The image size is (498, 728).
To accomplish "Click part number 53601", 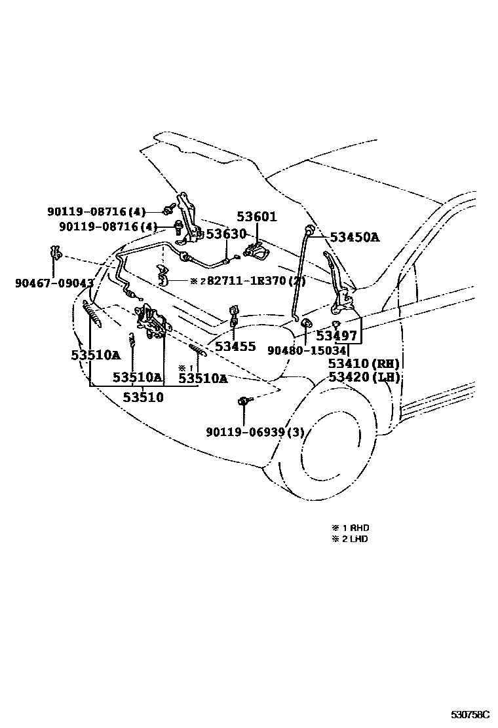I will click(257, 217).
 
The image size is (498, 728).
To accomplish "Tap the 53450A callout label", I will click(354, 238).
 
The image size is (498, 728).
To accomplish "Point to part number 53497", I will click(336, 336).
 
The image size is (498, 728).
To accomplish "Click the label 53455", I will click(235, 346).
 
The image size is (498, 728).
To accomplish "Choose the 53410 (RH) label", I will click(364, 364).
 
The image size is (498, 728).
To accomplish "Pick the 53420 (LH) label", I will click(364, 377).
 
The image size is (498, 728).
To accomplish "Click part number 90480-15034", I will click(306, 350).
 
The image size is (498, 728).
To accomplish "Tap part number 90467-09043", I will click(54, 283).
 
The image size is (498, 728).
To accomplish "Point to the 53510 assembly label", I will click(143, 397).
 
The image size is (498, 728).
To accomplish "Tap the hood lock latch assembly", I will click(151, 321).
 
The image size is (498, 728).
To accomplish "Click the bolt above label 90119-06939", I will click(244, 400).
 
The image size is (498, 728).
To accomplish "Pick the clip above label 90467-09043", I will click(56, 254).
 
